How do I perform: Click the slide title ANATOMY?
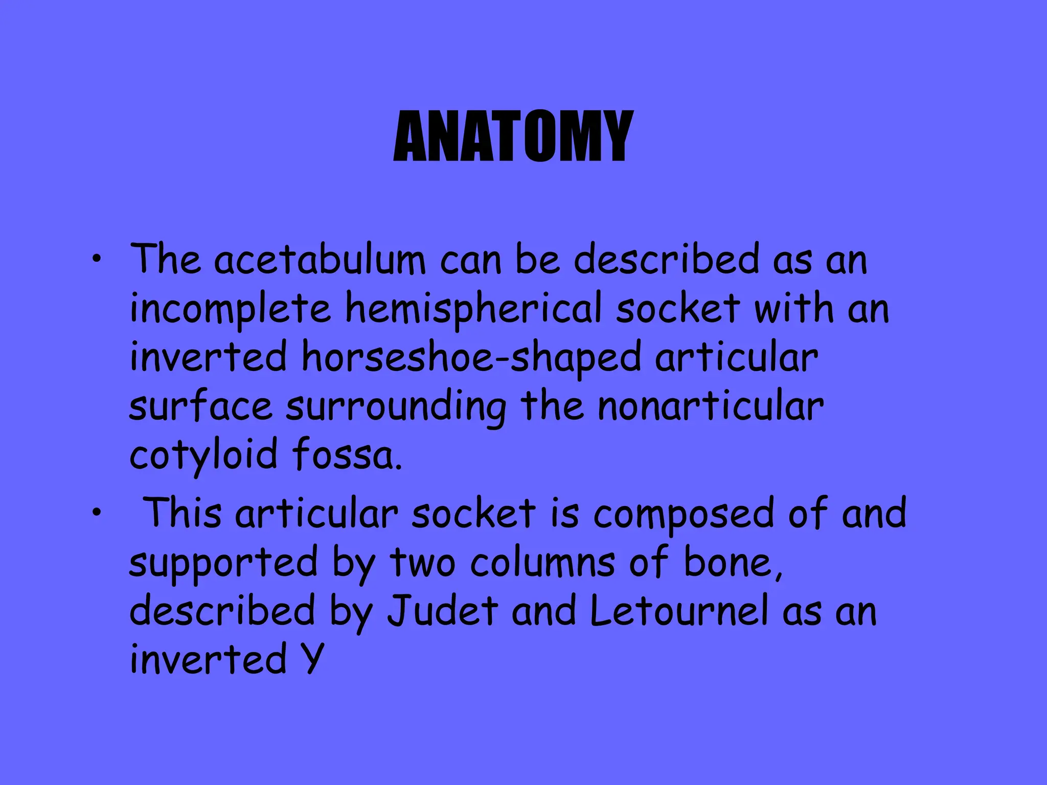click(x=513, y=137)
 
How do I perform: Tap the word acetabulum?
click(x=320, y=260)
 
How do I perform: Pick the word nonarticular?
click(x=711, y=407)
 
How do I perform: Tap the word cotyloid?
click(x=203, y=455)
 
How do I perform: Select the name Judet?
click(x=442, y=611)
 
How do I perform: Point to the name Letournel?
click(x=679, y=611)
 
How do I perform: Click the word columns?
click(x=542, y=563)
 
